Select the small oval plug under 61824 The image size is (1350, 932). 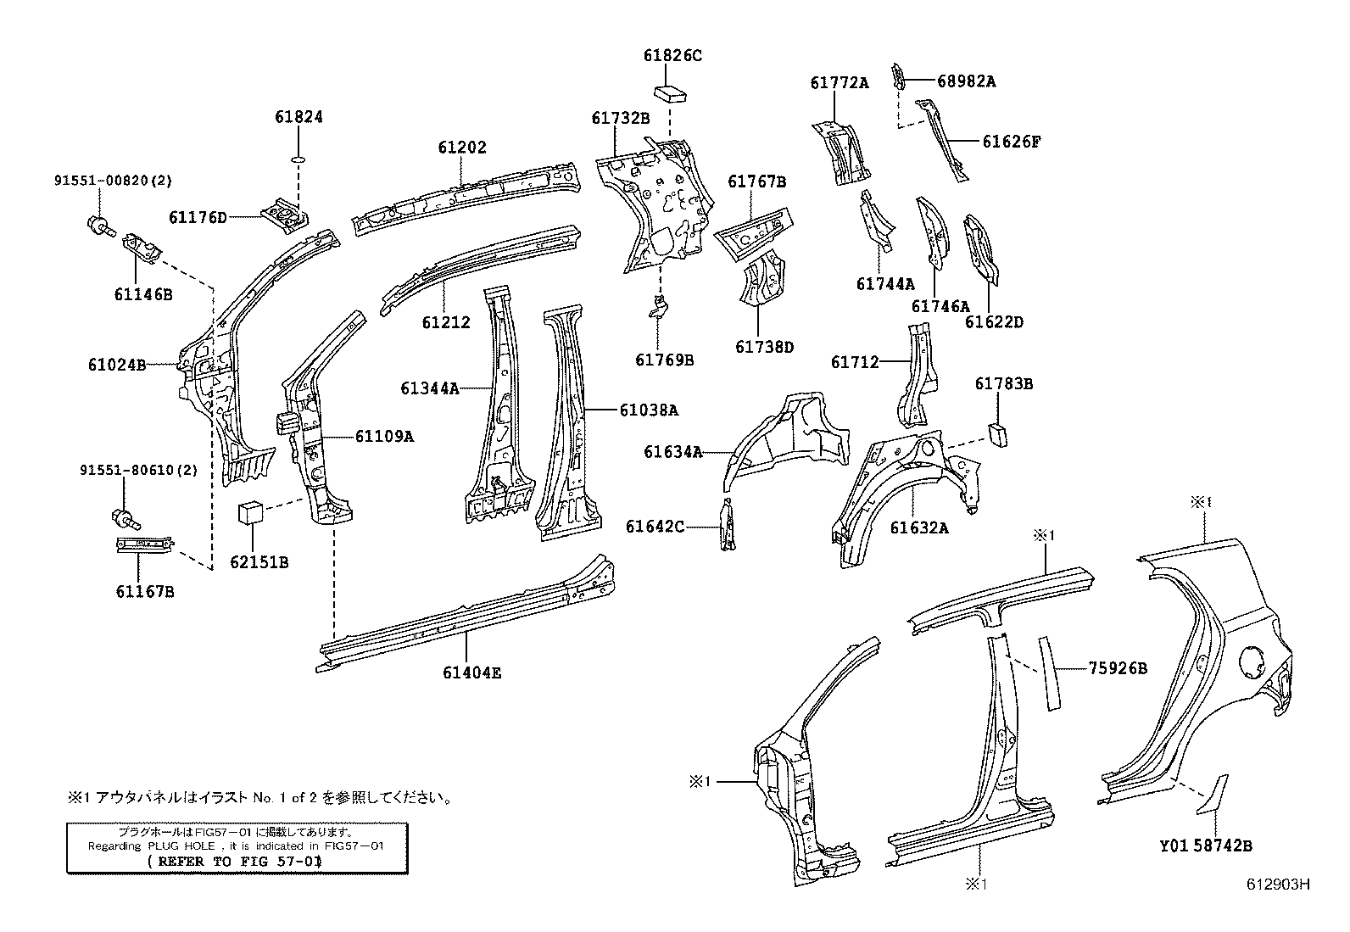pos(298,159)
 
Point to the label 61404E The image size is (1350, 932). pos(471,672)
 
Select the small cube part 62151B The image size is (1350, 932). pos(250,513)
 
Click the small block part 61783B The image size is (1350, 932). pos(997,434)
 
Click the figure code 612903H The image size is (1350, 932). pos(1278,884)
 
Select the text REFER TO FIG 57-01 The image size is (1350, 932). pos(235,860)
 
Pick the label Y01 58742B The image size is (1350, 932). pos(1206,845)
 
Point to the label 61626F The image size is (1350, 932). pos(1012,142)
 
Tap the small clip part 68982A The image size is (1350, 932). pos(896,75)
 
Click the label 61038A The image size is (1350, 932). pos(649,410)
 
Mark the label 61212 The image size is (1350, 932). pos(446,322)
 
